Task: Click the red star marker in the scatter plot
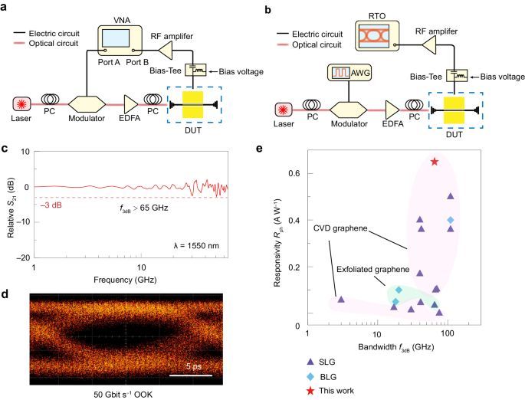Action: tap(435, 162)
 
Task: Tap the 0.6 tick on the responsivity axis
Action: tap(297, 173)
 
